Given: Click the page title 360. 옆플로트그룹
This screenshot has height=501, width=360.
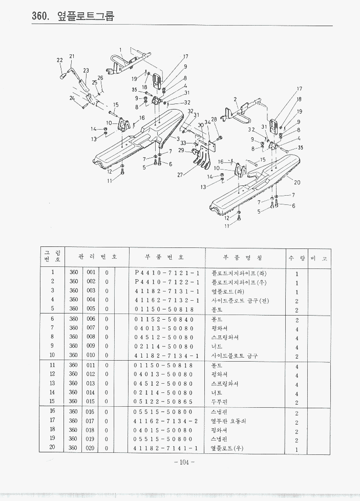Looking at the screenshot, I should [x=73, y=16].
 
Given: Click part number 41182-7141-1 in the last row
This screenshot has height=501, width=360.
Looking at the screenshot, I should [x=167, y=448].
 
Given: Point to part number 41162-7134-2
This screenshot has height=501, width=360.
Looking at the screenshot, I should [x=167, y=421].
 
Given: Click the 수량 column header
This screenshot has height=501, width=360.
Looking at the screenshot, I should [x=297, y=257].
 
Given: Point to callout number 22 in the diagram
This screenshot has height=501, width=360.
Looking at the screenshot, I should [x=59, y=60].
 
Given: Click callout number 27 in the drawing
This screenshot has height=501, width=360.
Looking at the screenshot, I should [x=180, y=175].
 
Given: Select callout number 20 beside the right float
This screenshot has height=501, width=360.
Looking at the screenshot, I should [x=297, y=182].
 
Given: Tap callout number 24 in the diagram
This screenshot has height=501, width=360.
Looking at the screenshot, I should [x=72, y=98].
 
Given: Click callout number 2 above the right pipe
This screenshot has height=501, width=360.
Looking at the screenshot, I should [x=235, y=99].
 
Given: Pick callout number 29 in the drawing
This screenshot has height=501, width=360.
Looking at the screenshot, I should [x=181, y=151].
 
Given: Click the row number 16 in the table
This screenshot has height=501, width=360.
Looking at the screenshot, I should [x=52, y=411].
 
